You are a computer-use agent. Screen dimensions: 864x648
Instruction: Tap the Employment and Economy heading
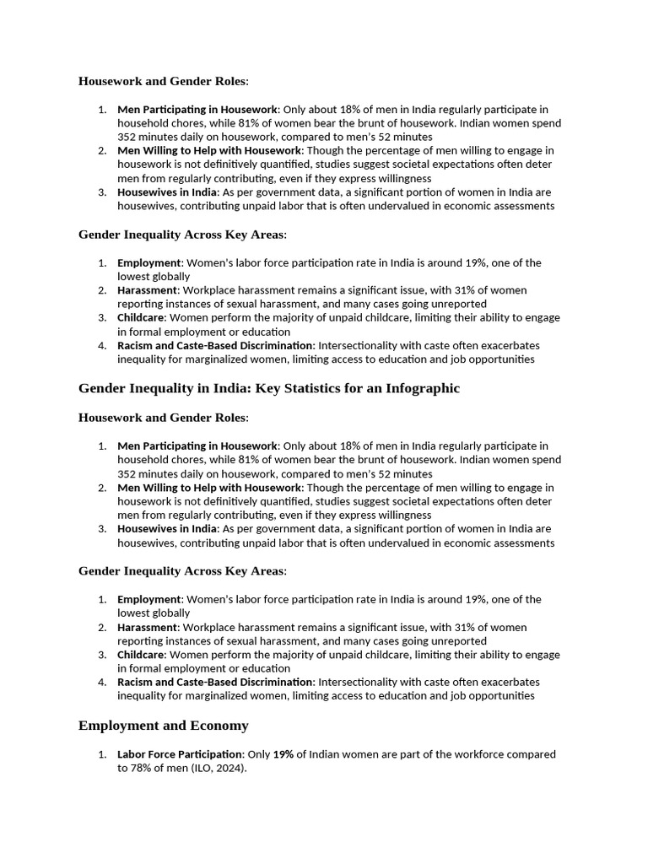tap(163, 726)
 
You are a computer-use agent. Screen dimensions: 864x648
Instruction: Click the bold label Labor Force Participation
tap(180, 754)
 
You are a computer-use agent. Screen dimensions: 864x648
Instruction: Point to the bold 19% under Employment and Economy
tap(283, 754)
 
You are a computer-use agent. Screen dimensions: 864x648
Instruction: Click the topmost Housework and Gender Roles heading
tap(163, 81)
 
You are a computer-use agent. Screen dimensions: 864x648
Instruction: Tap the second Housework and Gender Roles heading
tap(163, 418)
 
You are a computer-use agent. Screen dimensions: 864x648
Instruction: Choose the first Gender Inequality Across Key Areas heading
tap(181, 235)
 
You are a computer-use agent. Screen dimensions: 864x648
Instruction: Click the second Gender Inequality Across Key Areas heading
tap(181, 571)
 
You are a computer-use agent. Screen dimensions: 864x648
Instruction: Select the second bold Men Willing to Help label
tap(208, 488)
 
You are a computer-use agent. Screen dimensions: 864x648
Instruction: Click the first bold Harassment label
tap(147, 290)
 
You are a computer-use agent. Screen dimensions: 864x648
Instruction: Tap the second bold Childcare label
tap(140, 655)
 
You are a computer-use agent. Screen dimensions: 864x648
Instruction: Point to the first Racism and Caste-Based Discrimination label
tap(214, 345)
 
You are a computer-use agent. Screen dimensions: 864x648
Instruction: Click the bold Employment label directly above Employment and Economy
tap(148, 599)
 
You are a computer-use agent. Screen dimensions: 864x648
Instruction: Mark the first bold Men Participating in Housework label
tap(197, 110)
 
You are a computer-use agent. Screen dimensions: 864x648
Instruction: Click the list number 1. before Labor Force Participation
tap(101, 754)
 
